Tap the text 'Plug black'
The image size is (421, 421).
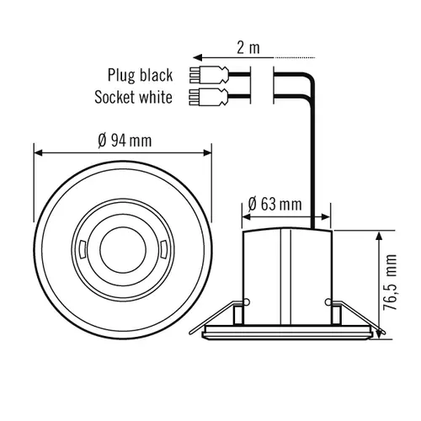pyautogui.click(x=139, y=74)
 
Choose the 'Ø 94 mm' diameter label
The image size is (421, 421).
pyautogui.click(x=125, y=140)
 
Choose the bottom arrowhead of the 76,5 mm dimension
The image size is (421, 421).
pyautogui.click(x=374, y=336)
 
